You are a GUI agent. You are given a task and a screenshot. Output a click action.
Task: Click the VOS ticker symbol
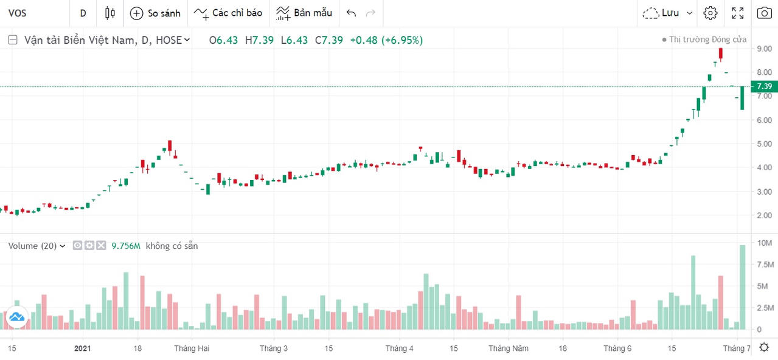click(17, 13)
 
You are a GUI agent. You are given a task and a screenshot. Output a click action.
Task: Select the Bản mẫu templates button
click(304, 13)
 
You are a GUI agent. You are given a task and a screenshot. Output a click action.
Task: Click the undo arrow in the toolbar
click(351, 13)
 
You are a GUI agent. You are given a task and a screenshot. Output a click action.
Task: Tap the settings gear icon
click(710, 13)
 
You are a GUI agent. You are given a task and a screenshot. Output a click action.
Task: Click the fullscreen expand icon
click(738, 13)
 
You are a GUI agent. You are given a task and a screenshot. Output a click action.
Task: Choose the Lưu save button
click(669, 13)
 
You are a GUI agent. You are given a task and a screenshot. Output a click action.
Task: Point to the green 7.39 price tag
click(764, 86)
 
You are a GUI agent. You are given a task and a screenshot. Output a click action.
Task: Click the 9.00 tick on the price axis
click(764, 49)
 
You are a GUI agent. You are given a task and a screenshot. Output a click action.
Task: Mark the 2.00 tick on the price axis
click(764, 215)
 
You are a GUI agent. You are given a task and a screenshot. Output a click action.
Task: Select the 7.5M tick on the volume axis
click(764, 265)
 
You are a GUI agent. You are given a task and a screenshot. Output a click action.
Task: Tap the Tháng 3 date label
click(274, 348)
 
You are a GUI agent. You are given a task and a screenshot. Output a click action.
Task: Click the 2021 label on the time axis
click(82, 348)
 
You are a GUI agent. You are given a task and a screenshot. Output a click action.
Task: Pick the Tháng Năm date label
click(509, 348)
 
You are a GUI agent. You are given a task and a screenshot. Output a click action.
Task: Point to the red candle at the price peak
click(721, 55)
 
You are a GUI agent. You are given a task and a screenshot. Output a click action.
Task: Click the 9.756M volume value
click(126, 246)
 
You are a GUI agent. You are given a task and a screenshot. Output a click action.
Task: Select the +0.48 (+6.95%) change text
click(386, 40)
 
